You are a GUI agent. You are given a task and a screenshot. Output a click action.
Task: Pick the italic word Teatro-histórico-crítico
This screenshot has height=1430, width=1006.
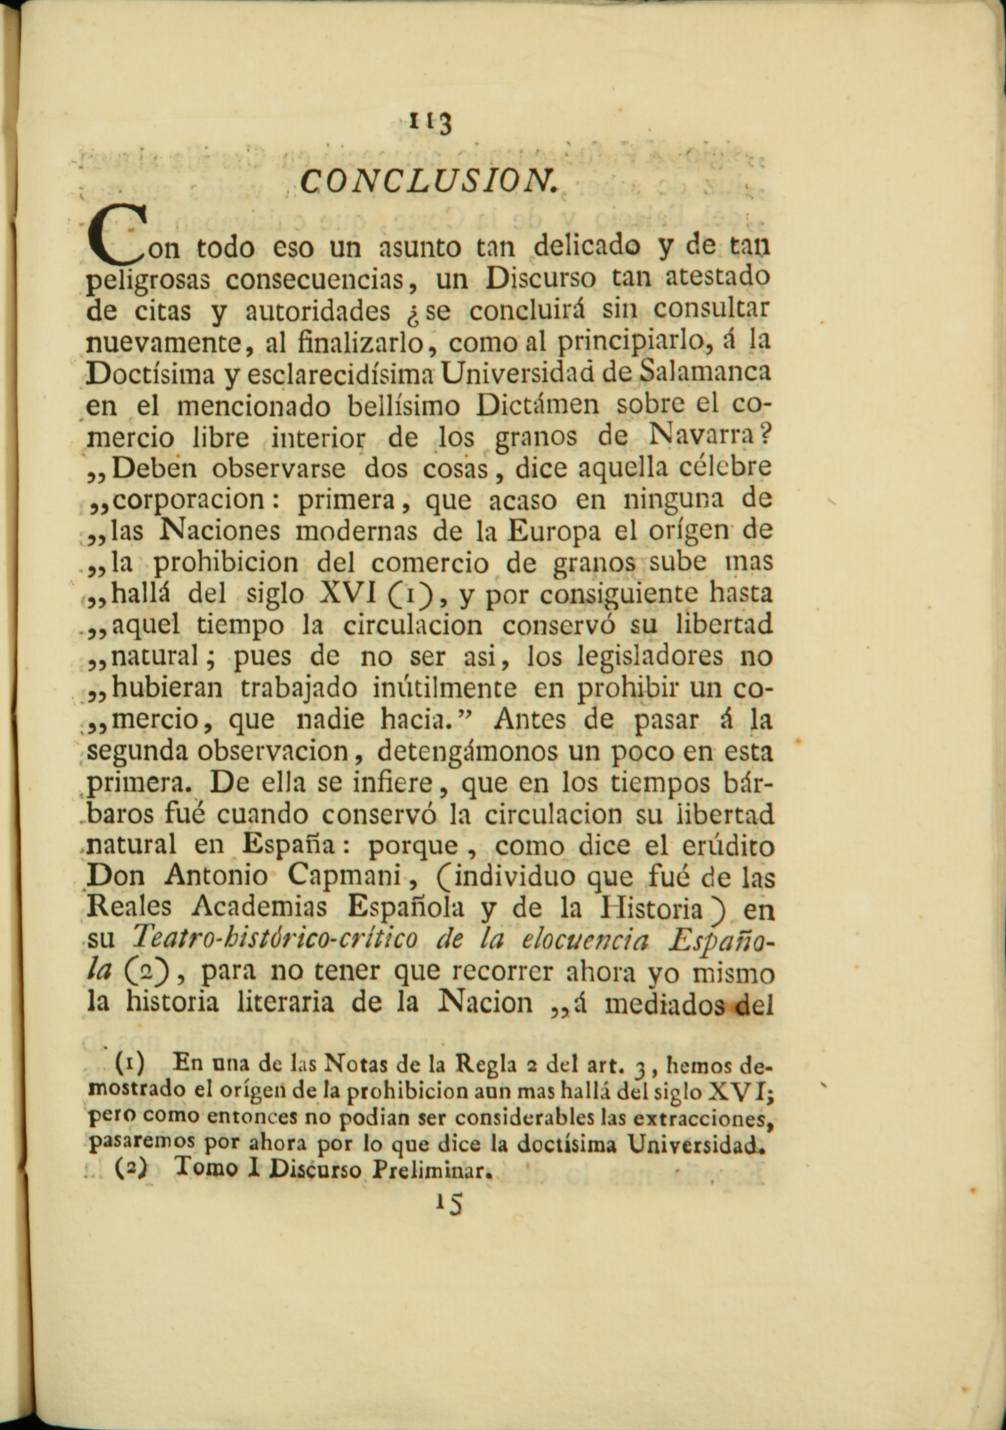(276, 939)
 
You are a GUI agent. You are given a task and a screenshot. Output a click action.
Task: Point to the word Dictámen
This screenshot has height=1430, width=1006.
(537, 405)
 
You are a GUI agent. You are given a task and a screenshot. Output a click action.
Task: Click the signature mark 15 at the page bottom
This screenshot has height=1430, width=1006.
(449, 1205)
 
